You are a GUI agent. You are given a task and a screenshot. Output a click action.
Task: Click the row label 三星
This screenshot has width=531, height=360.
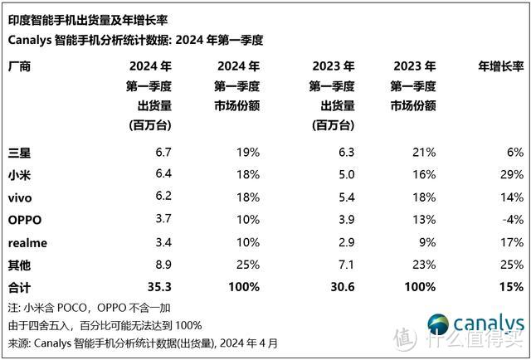19,153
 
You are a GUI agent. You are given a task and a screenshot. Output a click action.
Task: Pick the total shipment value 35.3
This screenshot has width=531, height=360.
157,287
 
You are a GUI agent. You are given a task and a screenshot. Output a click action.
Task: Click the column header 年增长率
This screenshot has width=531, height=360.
500,66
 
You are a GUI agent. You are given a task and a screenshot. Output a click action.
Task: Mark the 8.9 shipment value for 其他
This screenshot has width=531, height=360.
161,265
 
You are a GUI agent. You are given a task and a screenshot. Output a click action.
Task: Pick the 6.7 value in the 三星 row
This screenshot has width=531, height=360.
161,153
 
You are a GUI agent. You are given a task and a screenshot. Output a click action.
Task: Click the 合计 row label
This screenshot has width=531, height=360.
19,287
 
